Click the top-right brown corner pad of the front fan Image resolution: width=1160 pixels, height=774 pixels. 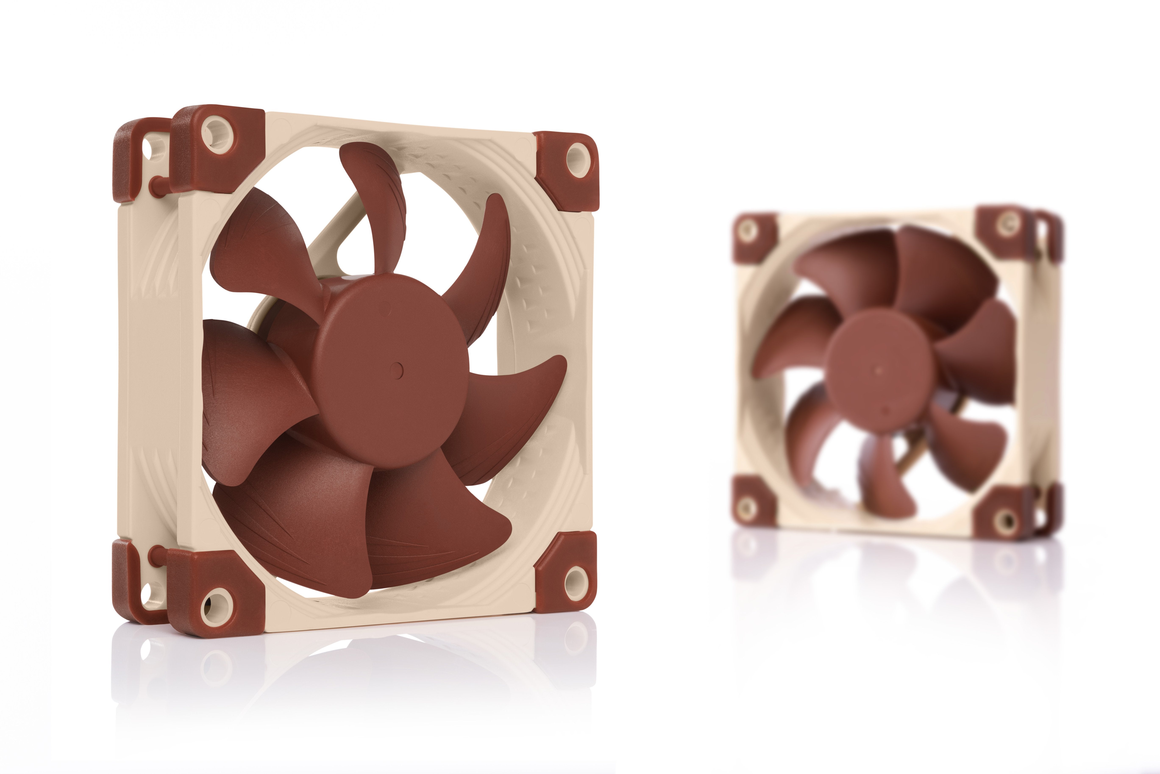coord(568,168)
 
